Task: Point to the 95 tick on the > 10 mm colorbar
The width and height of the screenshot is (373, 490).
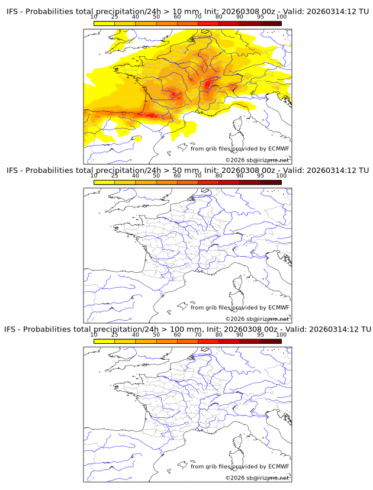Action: pos(261,17)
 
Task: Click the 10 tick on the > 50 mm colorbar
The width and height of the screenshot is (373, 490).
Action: pos(94,176)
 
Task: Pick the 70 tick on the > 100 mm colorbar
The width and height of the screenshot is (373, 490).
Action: pos(198,334)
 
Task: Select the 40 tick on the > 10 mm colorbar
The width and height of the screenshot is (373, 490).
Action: pos(135,17)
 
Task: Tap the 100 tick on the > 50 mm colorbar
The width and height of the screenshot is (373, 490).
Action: pos(281,176)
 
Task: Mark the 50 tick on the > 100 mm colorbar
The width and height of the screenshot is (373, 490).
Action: pos(156,334)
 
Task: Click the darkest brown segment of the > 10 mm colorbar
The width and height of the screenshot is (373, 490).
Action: pos(271,23)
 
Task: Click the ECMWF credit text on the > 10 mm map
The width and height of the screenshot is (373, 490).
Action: pos(240,149)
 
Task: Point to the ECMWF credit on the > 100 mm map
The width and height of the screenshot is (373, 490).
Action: pos(240,466)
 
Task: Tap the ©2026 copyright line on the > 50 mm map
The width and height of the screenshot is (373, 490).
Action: pos(257,319)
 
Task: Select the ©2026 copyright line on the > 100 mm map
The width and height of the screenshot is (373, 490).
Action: pos(257,478)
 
